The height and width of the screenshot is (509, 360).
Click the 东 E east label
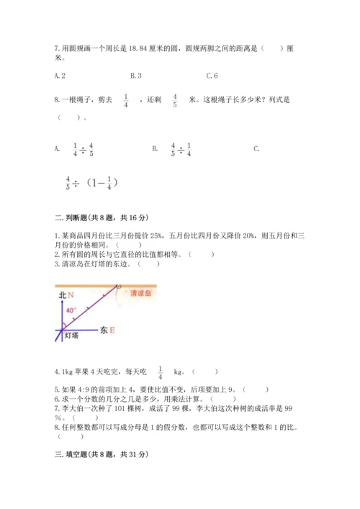coord(108,330)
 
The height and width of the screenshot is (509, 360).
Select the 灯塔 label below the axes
coord(71,335)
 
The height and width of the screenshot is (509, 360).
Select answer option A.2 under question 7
coord(60,76)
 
